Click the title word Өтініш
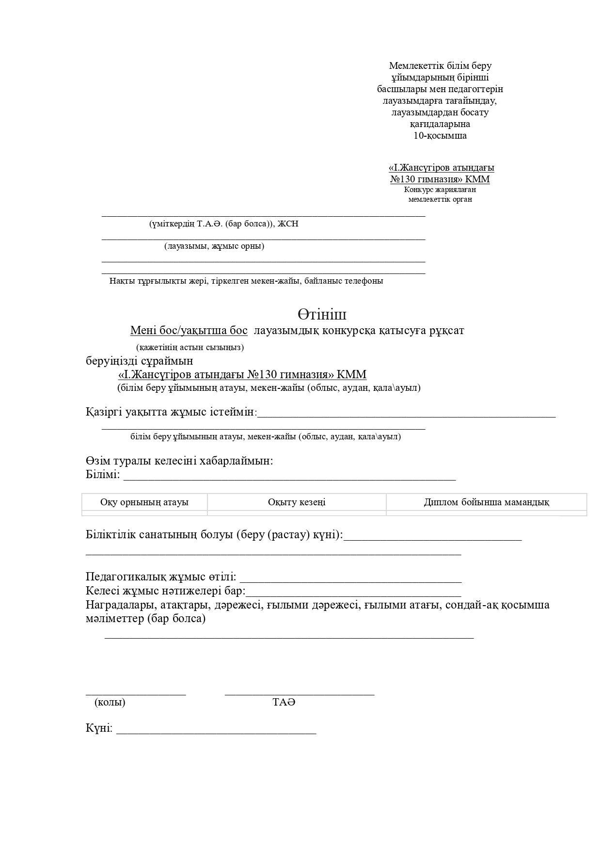click(322, 315)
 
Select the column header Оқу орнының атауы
click(144, 502)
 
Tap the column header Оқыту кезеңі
click(297, 502)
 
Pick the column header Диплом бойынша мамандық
click(486, 502)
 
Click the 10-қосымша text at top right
click(440, 135)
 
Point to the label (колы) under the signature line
click(110, 702)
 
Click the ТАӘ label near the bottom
click(284, 702)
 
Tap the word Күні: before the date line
click(99, 728)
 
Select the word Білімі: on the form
click(102, 474)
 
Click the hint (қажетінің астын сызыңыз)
click(190, 347)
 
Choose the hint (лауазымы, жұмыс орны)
click(214, 246)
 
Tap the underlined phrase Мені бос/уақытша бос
click(189, 331)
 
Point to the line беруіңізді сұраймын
click(139, 361)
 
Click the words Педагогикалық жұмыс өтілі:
click(161, 577)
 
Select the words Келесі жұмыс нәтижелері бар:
click(165, 591)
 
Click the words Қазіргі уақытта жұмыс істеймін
click(170, 412)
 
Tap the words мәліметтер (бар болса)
click(145, 619)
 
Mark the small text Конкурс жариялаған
click(440, 190)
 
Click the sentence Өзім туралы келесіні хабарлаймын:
click(179, 461)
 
